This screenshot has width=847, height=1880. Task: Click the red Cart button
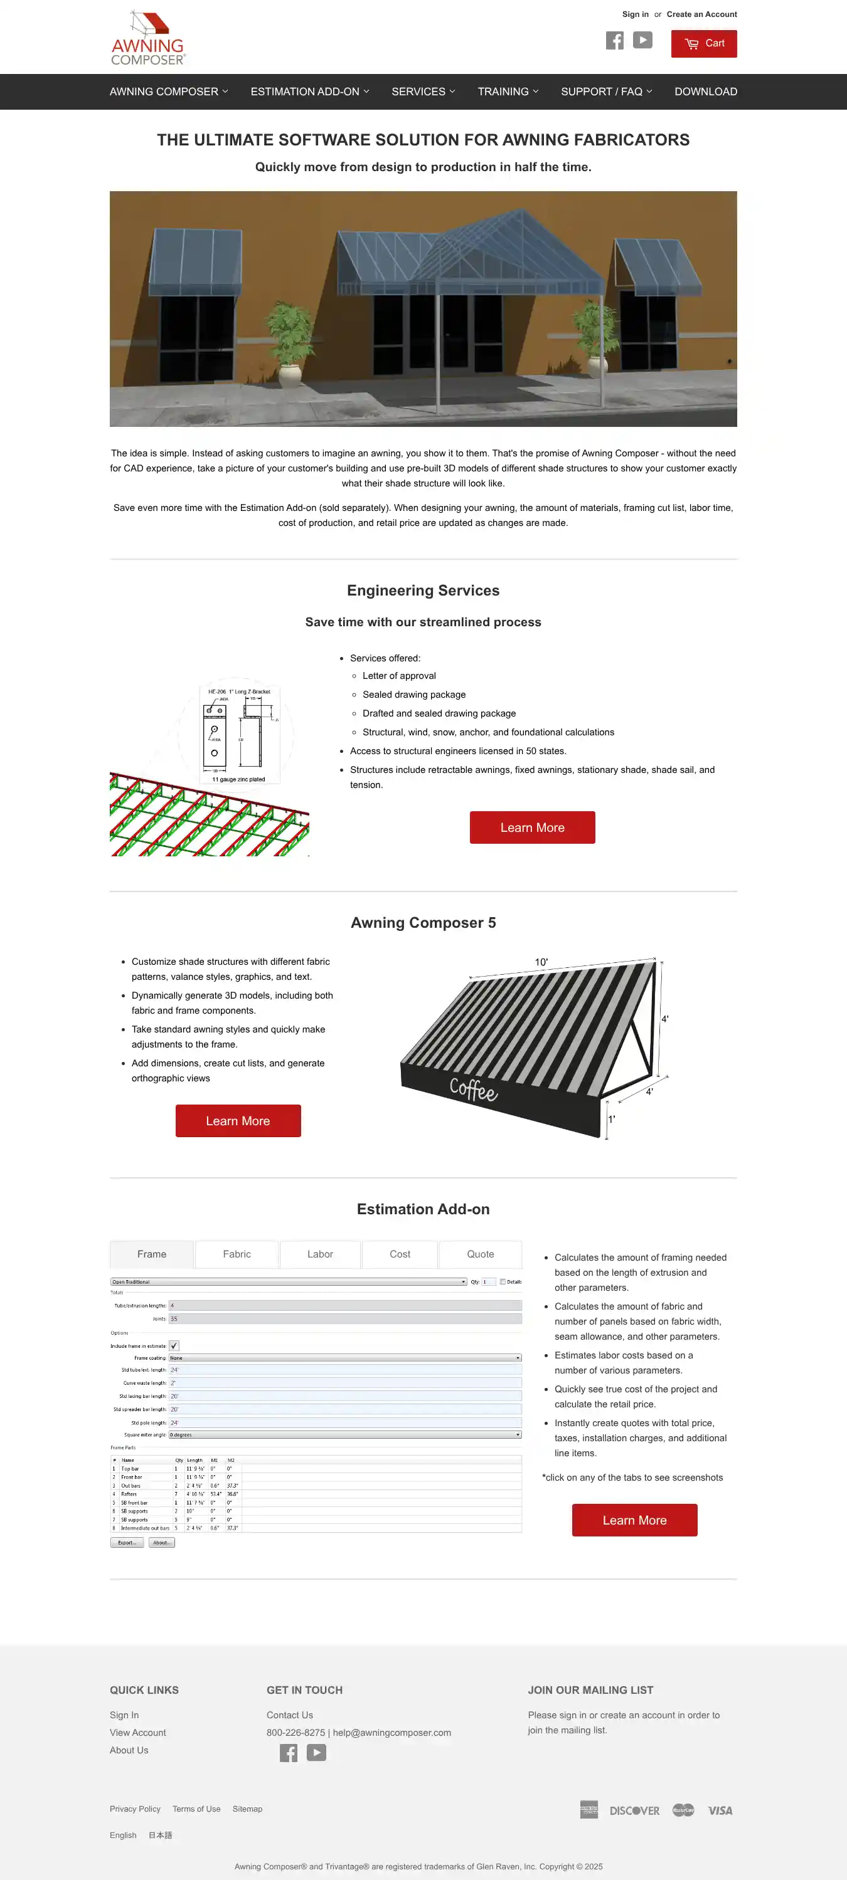point(703,44)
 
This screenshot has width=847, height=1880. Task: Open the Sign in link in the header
point(634,14)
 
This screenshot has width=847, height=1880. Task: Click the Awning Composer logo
point(148,38)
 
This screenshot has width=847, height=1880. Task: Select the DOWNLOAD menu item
point(705,92)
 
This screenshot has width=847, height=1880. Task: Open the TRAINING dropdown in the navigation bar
point(508,92)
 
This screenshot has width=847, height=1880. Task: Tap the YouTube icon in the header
point(642,40)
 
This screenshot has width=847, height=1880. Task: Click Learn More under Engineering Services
point(531,827)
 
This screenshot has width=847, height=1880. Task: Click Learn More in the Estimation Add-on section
point(634,1520)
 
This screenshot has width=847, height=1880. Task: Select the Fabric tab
point(237,1254)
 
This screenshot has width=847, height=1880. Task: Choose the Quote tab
point(480,1254)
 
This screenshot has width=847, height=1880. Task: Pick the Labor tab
point(320,1254)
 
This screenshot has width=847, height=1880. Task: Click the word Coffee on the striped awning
point(473,1089)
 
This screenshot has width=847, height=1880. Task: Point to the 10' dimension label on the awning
point(541,962)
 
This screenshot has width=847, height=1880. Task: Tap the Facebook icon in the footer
point(289,1753)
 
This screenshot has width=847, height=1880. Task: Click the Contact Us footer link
point(289,1715)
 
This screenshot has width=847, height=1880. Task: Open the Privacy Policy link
point(135,1809)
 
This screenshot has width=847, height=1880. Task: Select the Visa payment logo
point(720,1810)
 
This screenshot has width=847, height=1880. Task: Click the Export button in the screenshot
point(127,1543)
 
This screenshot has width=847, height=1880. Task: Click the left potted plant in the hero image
point(290,342)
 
